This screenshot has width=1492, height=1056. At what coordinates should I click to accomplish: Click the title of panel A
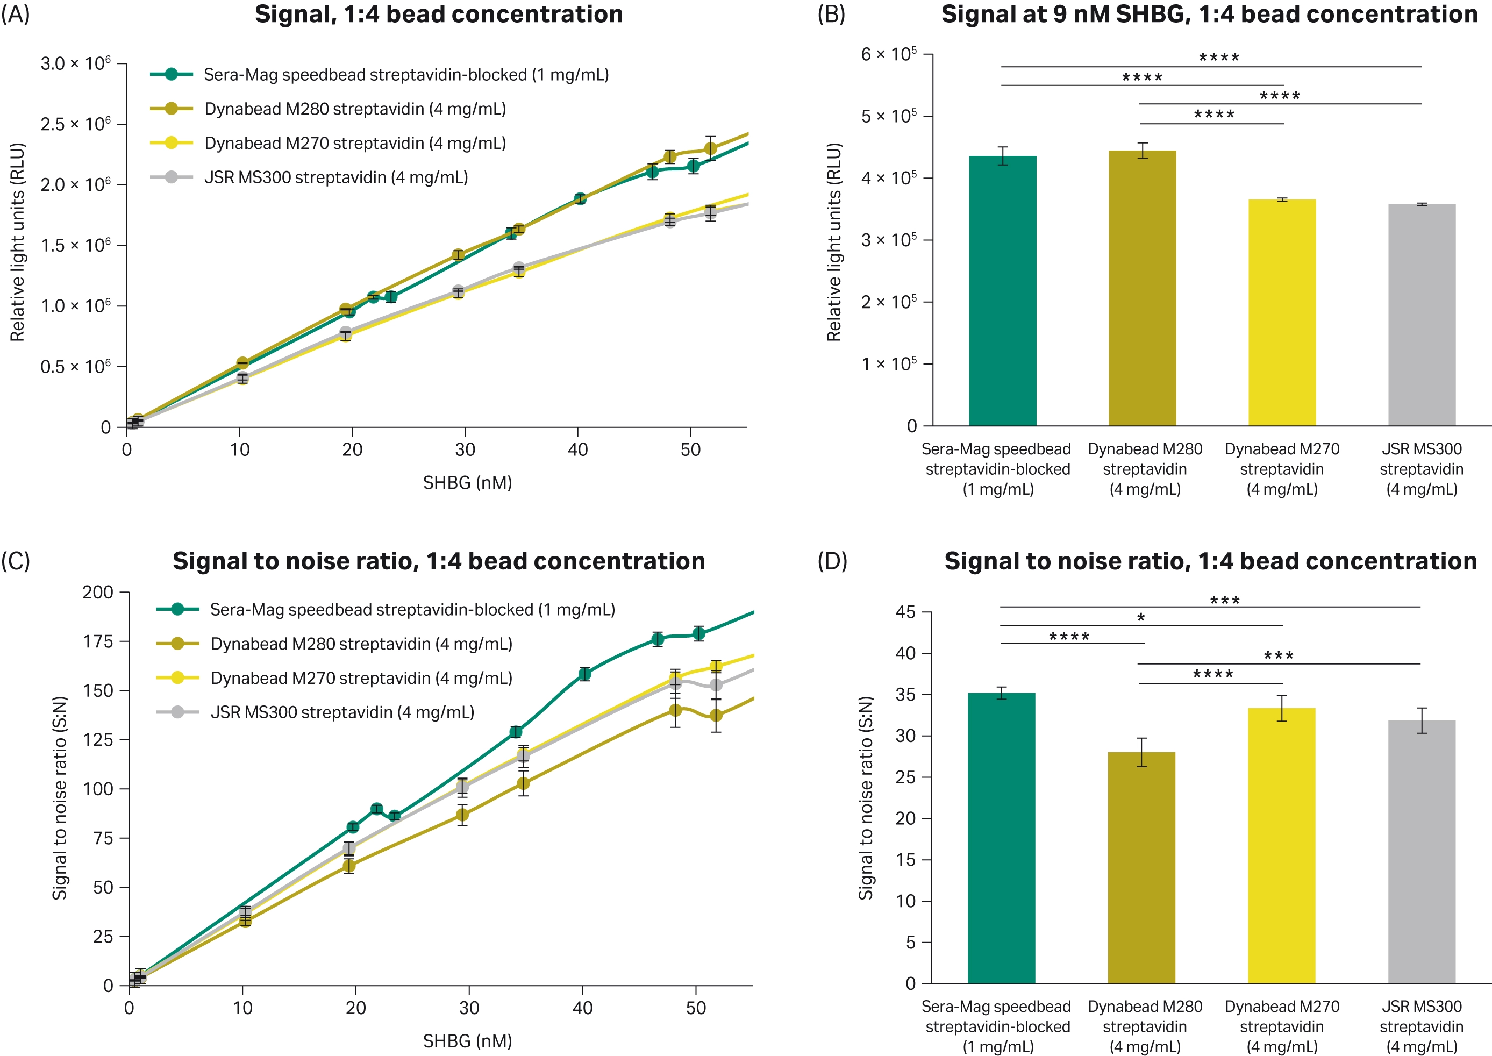[438, 15]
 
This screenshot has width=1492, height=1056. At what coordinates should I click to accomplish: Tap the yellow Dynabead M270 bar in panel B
[1281, 312]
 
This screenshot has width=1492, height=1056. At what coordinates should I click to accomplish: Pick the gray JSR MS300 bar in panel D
[1421, 851]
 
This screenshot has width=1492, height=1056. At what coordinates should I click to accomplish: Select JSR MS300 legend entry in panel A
[335, 177]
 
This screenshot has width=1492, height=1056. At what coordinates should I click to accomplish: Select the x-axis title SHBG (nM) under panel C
[467, 1041]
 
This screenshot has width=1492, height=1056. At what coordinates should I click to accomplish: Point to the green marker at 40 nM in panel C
[584, 674]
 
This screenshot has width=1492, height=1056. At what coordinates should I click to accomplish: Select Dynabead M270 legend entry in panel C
[361, 678]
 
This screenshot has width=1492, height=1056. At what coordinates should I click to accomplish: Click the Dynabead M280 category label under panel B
[1144, 469]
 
